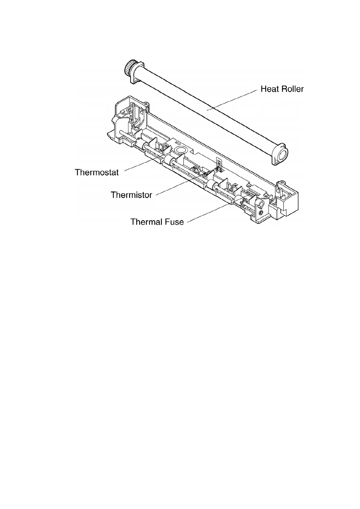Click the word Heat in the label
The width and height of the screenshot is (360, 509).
click(269, 89)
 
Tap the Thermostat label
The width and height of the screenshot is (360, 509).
click(97, 172)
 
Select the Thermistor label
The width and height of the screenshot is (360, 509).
click(131, 195)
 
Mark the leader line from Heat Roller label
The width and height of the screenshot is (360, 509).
click(230, 100)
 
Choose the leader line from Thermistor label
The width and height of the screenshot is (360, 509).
click(178, 185)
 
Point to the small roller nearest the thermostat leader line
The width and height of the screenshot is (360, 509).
click(168, 160)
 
